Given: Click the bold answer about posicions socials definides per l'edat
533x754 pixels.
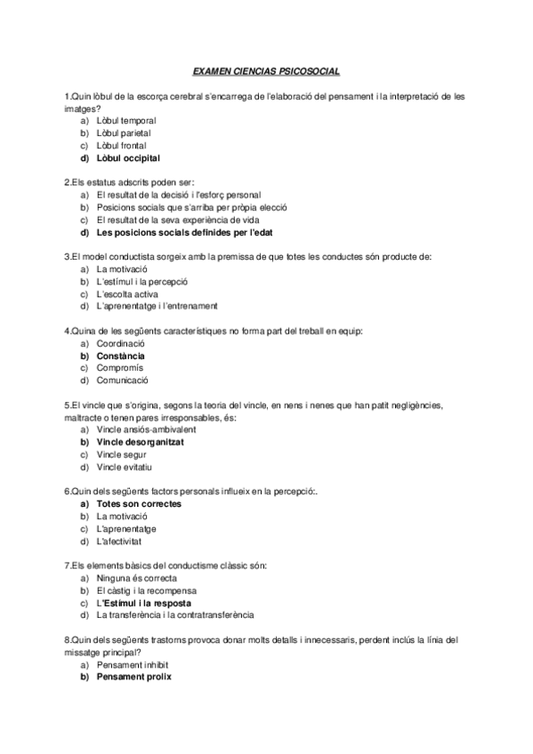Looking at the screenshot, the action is (x=173, y=232).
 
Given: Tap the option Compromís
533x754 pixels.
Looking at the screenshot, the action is (x=119, y=368).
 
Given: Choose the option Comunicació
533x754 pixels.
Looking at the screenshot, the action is (x=122, y=381).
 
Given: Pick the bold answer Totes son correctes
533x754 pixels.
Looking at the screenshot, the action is (x=138, y=503).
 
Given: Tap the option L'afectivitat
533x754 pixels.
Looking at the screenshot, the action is (x=121, y=541).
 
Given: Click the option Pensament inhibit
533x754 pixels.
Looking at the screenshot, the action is (x=132, y=664).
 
